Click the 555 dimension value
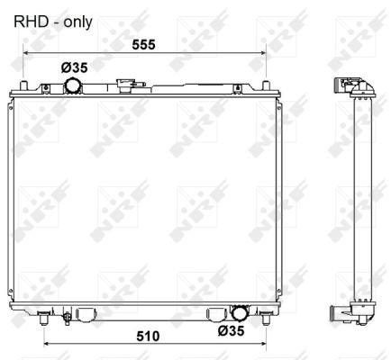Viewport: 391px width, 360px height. (143, 45)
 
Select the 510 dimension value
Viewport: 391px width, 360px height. (148, 337)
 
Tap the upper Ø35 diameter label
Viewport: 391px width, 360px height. (75, 67)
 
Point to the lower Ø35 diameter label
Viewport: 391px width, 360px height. (232, 330)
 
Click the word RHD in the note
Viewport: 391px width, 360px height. (32, 22)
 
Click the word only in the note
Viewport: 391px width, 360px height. (77, 22)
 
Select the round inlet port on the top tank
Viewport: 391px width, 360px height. (73, 85)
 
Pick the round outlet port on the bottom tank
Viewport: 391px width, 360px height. (239, 313)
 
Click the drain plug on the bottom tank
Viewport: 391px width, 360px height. (67, 318)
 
